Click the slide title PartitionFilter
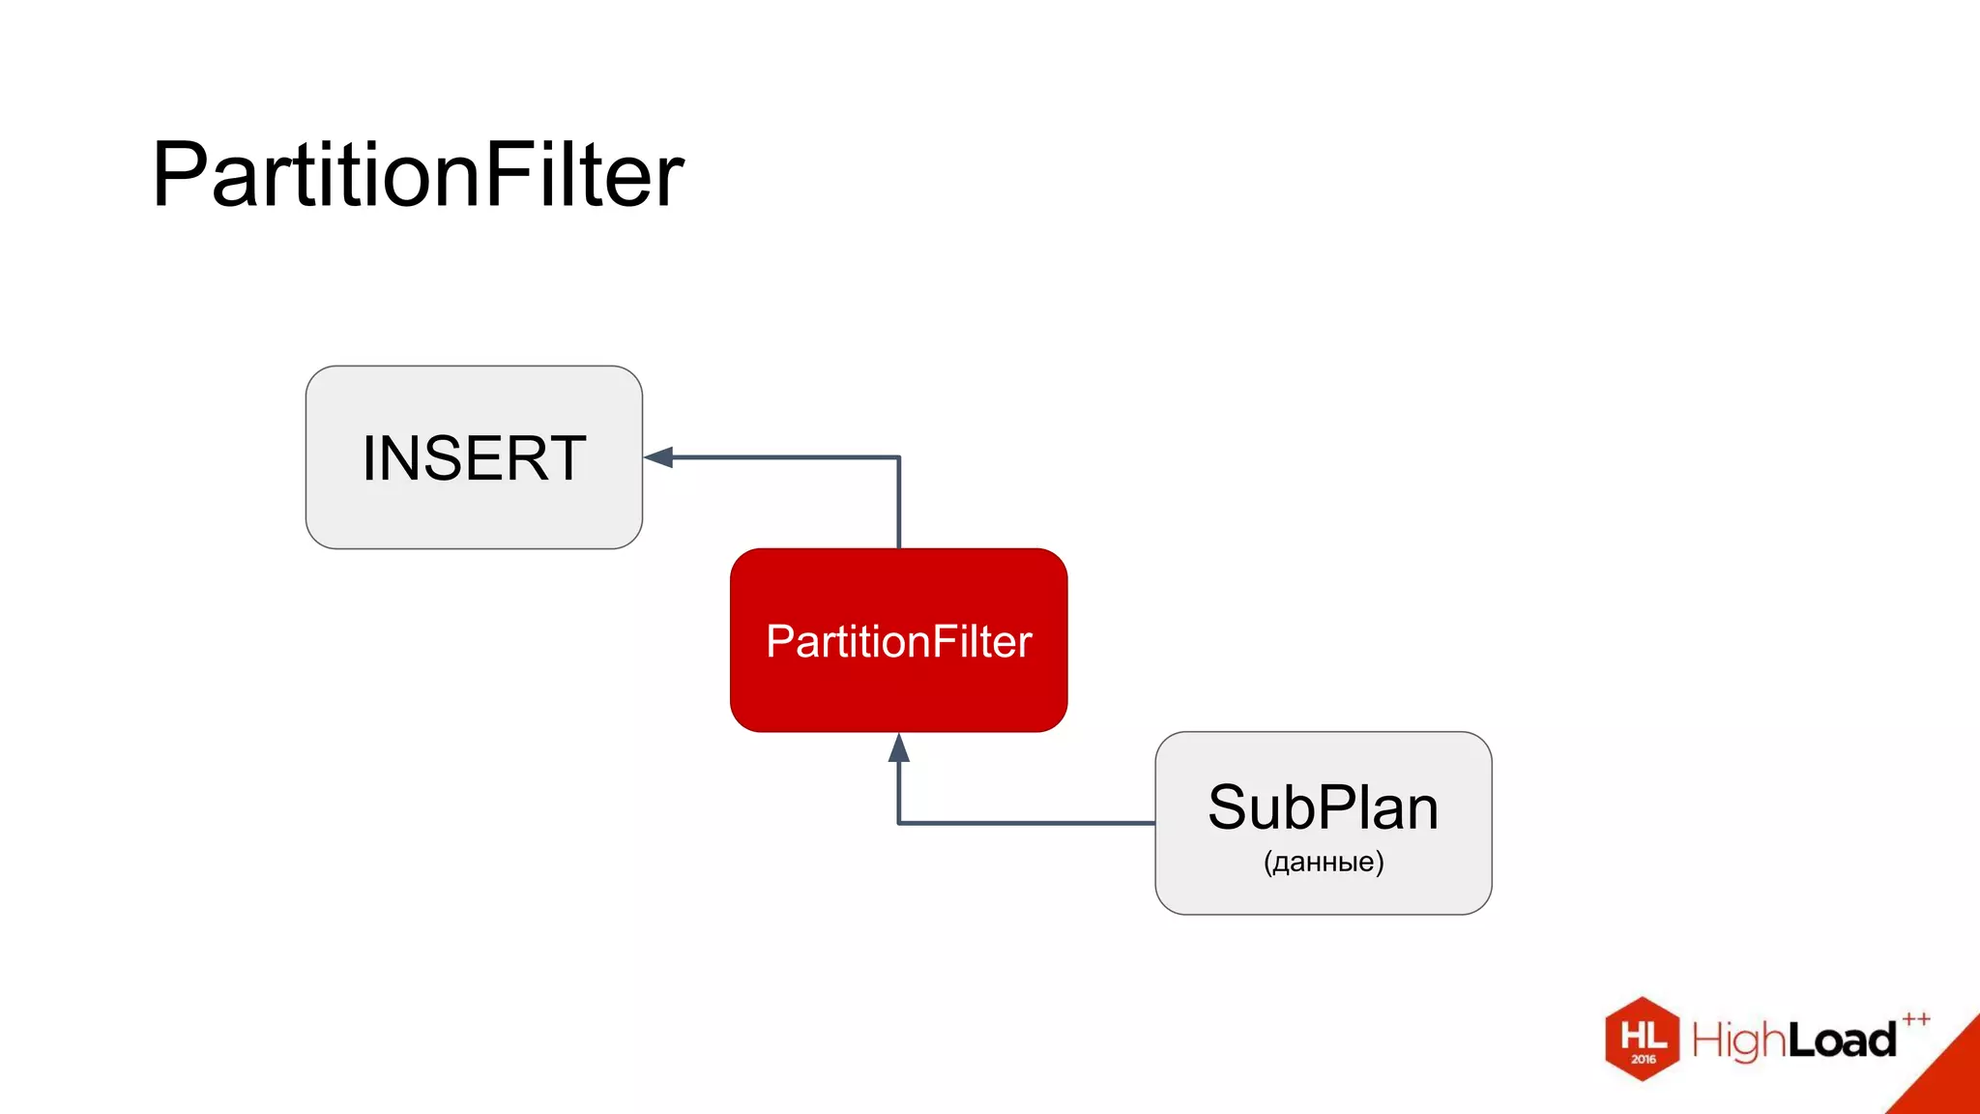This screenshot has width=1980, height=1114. pos(418,176)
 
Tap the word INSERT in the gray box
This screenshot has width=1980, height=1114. pos(474,458)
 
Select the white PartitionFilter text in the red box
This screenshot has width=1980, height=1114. pos(898,642)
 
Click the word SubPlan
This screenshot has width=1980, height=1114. pos(1323,808)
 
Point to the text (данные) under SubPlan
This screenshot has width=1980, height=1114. pos(1323,862)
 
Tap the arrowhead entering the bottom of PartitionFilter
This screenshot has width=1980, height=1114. pos(899,748)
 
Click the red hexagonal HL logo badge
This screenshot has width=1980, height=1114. pos(1642,1040)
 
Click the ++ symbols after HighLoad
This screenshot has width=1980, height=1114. pos(1915,1018)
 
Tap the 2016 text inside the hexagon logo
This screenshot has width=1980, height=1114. pos(1644,1060)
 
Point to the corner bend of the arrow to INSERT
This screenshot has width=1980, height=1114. pos(899,457)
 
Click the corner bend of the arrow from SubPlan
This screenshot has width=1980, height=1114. pos(899,823)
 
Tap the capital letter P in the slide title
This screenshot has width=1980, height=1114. pos(179,176)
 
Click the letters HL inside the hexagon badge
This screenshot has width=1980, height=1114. pos(1643,1035)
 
